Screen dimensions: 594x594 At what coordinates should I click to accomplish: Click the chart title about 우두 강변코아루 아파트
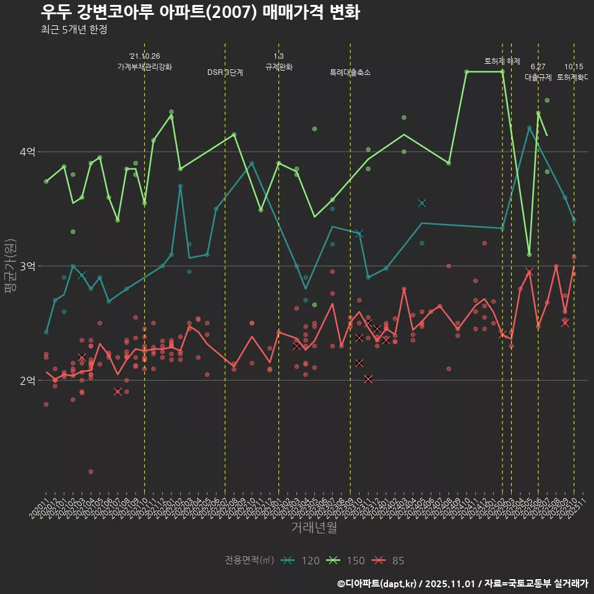pos(200,12)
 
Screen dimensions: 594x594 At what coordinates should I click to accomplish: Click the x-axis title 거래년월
pos(314,528)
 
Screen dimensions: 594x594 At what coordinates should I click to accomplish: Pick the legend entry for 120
pos(301,561)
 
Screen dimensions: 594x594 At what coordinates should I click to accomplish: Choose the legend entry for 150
pos(346,561)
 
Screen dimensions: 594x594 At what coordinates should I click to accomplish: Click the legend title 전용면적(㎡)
pos(249,561)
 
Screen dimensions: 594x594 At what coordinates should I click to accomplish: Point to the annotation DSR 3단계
pos(225,72)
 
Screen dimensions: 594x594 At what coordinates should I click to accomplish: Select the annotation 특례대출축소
pos(350,72)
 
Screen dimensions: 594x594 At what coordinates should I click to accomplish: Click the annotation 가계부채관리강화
pos(145,66)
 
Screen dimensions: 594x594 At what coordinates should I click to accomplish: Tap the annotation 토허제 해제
pos(502,61)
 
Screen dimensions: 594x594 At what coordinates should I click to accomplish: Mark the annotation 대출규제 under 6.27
pos(538,77)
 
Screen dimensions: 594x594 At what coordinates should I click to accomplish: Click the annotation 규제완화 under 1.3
pos(278,66)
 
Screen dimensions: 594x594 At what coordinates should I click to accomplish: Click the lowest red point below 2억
pos(91,471)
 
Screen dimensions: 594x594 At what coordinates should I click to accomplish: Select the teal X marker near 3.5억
pos(422,203)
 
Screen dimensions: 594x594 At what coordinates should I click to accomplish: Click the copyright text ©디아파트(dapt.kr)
pos(378,583)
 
